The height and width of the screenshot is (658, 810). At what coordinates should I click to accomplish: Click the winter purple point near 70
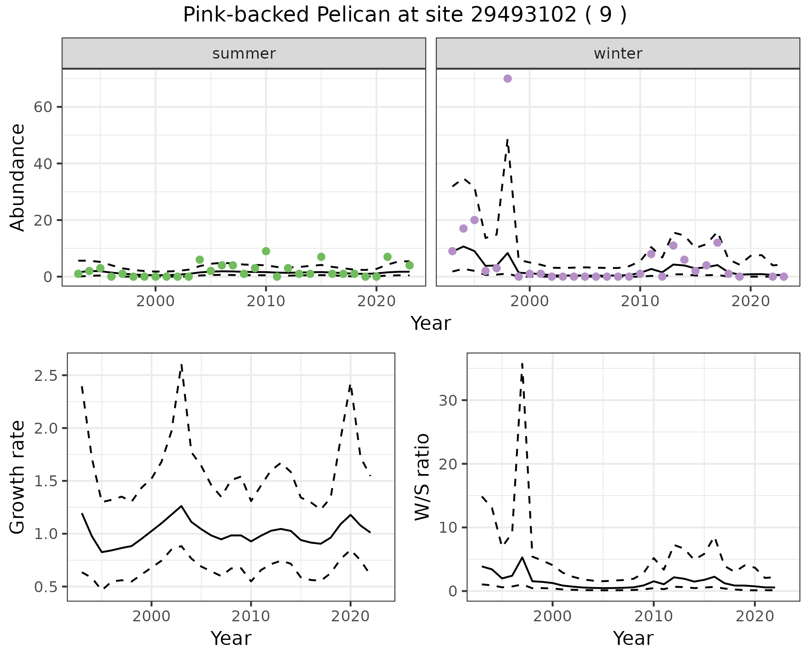(x=508, y=78)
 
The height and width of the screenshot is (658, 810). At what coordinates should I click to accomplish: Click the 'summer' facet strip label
(x=244, y=54)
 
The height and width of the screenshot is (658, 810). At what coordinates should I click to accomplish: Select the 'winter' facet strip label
(x=618, y=54)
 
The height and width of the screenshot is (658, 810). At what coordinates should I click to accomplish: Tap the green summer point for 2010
(x=266, y=251)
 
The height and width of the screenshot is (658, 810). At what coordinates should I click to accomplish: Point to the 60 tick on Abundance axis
(x=42, y=107)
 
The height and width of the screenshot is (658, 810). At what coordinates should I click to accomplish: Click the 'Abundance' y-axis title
(x=18, y=178)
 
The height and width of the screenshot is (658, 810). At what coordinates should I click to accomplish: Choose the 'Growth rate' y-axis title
(x=18, y=477)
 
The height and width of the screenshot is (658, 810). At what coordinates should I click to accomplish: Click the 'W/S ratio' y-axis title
(x=422, y=477)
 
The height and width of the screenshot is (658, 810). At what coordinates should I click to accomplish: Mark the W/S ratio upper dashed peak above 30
(x=522, y=364)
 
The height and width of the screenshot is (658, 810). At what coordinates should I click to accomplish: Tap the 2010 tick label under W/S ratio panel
(x=653, y=616)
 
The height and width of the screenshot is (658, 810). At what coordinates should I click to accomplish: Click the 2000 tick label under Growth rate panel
(x=151, y=616)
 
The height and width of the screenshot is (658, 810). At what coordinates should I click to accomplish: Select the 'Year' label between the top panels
(x=431, y=324)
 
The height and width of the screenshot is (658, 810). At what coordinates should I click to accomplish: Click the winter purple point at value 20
(x=474, y=220)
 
